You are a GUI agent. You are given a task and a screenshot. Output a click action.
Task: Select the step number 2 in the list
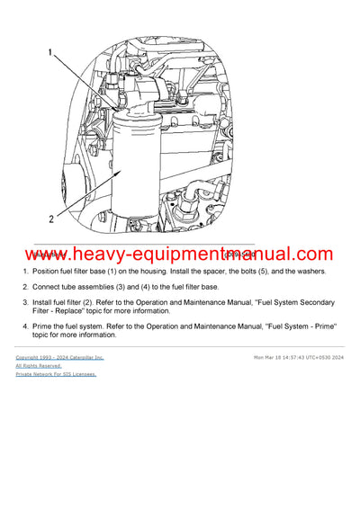tap(21, 287)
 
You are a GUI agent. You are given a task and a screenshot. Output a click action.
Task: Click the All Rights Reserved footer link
tap(39, 366)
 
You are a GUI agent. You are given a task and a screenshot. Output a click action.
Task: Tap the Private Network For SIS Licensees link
tap(56, 374)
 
